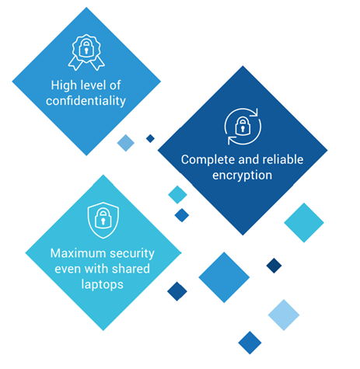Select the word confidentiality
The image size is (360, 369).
pos(86,101)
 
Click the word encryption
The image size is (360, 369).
pos(243,176)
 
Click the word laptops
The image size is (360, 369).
pos(103,284)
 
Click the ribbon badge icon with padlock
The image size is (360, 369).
pos(86,53)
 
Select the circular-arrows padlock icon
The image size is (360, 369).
pos(243,127)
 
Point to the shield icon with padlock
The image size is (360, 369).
pos(103,220)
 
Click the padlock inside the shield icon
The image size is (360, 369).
pos(103,218)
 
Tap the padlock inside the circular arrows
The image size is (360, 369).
pos(243,126)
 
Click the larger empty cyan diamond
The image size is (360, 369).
pos(304,223)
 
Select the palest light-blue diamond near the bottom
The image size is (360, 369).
pos(284,315)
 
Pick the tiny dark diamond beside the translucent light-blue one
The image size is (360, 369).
pos(150,138)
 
